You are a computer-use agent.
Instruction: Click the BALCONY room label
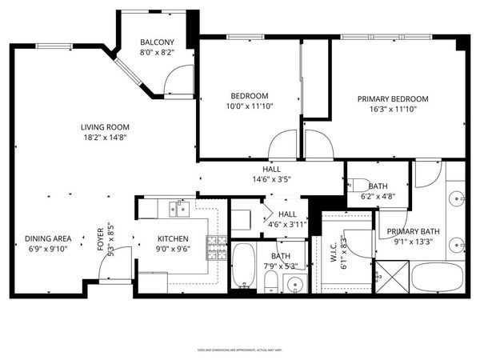[x=157, y=42]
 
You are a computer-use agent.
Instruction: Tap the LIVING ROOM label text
[x=105, y=126]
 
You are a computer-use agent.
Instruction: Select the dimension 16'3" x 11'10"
[x=398, y=110]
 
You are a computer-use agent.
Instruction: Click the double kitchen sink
[x=178, y=210]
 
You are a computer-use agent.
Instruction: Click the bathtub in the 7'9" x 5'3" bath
[x=243, y=267]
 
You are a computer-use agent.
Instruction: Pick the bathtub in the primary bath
[x=438, y=278]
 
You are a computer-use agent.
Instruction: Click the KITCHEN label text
[x=172, y=238]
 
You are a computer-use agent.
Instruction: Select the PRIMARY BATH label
[x=410, y=233]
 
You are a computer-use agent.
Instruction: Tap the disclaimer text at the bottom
[x=239, y=350]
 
